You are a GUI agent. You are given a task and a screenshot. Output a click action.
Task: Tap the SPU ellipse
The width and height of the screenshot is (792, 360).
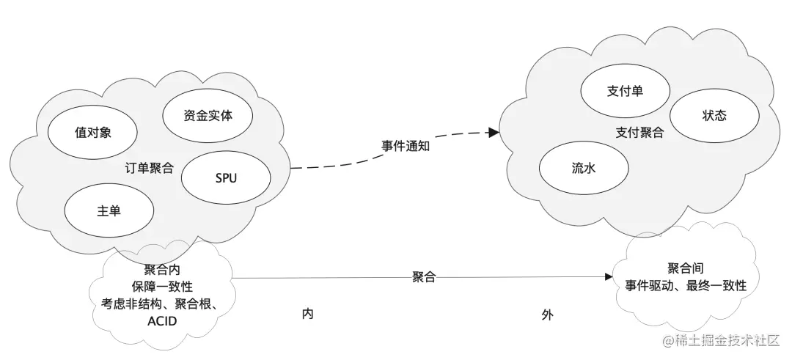tap(226, 178)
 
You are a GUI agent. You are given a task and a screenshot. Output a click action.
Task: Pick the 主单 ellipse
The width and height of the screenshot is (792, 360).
tap(109, 210)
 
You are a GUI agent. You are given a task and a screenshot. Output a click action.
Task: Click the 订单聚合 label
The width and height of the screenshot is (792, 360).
tap(150, 167)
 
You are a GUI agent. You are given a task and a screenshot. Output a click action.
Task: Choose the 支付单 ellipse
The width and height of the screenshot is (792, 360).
tap(626, 91)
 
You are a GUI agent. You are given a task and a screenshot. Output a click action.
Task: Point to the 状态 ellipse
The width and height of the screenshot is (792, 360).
tap(714, 116)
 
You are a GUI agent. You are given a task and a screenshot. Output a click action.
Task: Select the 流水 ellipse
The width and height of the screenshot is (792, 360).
tap(584, 168)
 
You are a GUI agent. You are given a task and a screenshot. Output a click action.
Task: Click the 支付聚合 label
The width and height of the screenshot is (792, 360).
tap(639, 133)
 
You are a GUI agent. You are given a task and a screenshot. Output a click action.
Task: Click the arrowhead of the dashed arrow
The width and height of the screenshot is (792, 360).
tap(494, 133)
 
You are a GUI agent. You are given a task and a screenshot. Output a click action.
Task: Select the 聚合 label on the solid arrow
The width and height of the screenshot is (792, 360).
tap(424, 276)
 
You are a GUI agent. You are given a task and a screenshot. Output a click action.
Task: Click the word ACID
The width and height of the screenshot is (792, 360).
tap(162, 321)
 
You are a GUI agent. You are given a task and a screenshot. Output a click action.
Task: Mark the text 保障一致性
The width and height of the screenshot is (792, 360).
tap(162, 286)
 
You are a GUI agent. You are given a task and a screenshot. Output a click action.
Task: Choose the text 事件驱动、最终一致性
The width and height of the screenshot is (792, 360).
tap(686, 286)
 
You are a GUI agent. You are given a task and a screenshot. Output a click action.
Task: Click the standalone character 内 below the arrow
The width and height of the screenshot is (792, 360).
tap(308, 314)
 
